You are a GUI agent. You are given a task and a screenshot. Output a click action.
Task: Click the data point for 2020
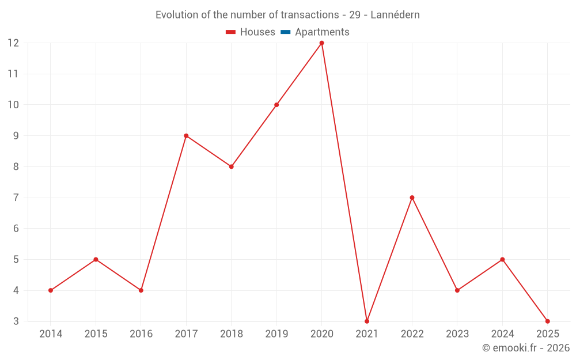[321, 43]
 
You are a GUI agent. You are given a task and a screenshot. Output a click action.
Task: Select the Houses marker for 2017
[186, 136]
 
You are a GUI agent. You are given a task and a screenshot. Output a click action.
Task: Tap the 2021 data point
[367, 321]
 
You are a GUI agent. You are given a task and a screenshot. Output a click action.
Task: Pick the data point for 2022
[412, 198]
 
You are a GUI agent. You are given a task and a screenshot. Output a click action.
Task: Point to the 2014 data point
[51, 290]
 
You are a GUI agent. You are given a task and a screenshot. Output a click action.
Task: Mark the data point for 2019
[276, 105]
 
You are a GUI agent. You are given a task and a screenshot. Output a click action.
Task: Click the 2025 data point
[547, 321]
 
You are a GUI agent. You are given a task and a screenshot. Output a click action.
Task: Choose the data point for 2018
[231, 166]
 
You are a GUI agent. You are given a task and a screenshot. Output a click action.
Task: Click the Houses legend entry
[251, 32]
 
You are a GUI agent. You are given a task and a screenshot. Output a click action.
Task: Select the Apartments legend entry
[315, 32]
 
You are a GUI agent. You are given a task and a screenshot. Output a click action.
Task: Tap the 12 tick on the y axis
[13, 43]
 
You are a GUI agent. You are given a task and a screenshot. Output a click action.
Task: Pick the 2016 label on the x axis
[141, 334]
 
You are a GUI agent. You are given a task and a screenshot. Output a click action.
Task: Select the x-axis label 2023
[457, 334]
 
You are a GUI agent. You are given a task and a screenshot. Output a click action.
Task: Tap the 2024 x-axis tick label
[502, 334]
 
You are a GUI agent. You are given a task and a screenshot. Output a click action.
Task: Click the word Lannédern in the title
[395, 15]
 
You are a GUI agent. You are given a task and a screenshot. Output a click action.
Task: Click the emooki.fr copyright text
[526, 348]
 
